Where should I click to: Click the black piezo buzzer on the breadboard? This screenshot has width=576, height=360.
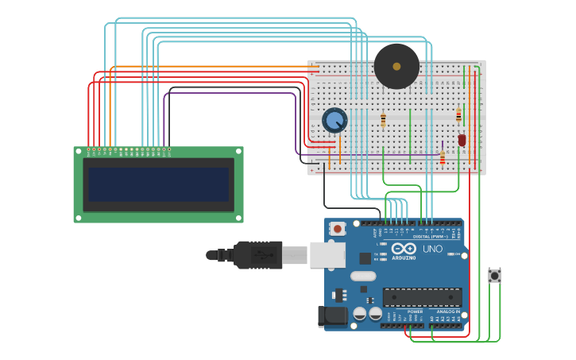[x=396, y=66]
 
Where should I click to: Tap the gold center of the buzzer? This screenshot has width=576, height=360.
[x=396, y=66]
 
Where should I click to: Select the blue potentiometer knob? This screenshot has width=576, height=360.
[x=334, y=120]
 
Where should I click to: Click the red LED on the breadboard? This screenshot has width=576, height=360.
[x=462, y=140]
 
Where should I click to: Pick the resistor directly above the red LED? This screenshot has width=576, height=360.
[x=458, y=115]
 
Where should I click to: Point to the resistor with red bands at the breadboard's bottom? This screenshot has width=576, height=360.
[x=443, y=159]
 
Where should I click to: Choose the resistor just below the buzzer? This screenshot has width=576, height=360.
[x=383, y=119]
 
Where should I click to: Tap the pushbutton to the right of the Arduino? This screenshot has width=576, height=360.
[x=494, y=276]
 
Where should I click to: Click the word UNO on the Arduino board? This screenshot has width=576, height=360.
[x=432, y=250]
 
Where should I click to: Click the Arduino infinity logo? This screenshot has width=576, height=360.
[x=404, y=249]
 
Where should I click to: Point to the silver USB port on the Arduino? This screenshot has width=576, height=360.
[x=327, y=254]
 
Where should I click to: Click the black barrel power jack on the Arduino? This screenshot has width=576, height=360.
[x=332, y=316]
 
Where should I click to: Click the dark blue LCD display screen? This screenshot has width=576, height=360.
[x=159, y=184]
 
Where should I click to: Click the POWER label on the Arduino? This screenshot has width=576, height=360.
[x=415, y=312]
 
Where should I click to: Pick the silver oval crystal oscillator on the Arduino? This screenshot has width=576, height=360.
[x=362, y=276]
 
